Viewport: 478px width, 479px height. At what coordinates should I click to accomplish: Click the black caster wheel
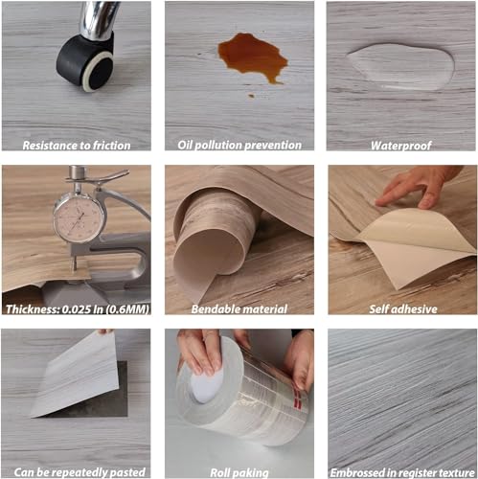[x=85, y=63]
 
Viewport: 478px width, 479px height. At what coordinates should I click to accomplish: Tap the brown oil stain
[x=252, y=57]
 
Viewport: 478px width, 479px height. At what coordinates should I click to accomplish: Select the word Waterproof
[x=401, y=146]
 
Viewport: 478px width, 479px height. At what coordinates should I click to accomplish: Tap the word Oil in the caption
[x=185, y=145]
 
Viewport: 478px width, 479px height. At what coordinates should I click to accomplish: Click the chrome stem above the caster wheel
[x=97, y=19]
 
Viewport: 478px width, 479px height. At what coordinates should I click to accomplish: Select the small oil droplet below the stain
[x=251, y=96]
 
